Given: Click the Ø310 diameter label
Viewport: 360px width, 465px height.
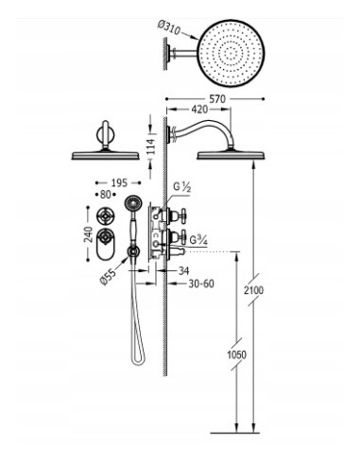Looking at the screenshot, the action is pyautogui.click(x=169, y=27).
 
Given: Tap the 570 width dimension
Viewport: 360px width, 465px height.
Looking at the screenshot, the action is pyautogui.click(x=217, y=99).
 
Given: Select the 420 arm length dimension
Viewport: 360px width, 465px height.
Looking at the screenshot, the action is pyautogui.click(x=199, y=110).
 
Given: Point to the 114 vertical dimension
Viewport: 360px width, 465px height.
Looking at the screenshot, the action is pyautogui.click(x=150, y=146).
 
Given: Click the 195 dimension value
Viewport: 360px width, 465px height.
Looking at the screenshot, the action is pyautogui.click(x=119, y=182).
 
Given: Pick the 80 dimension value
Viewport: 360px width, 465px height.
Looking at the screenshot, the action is pyautogui.click(x=106, y=195).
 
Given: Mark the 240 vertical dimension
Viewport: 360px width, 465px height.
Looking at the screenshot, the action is pyautogui.click(x=89, y=234).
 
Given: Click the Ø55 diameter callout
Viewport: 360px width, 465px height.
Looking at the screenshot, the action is pyautogui.click(x=108, y=276).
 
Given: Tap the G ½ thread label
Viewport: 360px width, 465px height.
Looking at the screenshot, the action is pyautogui.click(x=182, y=187).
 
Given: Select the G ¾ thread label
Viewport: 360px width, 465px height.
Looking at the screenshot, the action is pyautogui.click(x=198, y=240).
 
